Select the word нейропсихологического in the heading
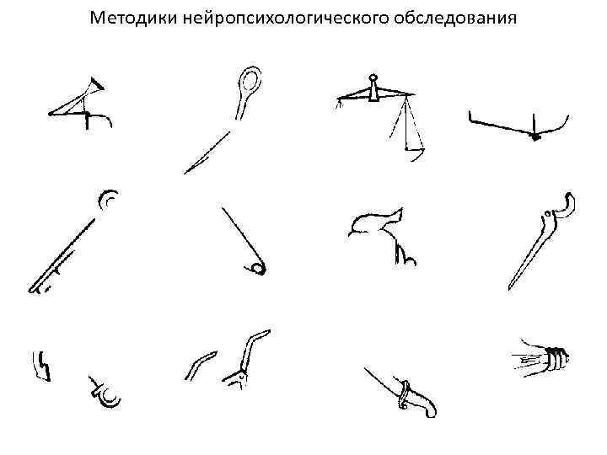[286, 19]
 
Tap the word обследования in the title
[455, 18]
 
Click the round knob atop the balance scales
[373, 78]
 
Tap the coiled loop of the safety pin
[257, 269]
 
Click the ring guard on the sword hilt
[404, 394]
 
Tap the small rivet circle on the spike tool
[547, 213]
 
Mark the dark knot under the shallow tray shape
[535, 136]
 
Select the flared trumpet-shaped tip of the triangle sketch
[96, 83]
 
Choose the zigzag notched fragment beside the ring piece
[41, 367]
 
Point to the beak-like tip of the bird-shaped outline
[400, 211]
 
